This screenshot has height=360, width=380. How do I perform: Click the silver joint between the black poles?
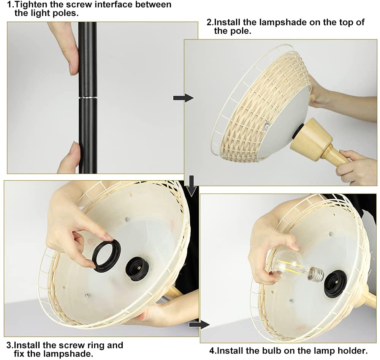tap(88, 97)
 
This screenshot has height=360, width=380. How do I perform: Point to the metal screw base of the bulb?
tap(316, 275)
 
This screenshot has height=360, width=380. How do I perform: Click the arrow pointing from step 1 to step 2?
tap(184, 98)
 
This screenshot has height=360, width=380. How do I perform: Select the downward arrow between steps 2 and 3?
tap(192, 186)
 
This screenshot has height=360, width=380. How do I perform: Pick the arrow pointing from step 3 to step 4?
tap(199, 324)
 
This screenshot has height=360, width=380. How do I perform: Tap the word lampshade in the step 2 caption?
tap(282, 22)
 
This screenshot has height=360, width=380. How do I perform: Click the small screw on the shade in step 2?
tap(267, 125)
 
